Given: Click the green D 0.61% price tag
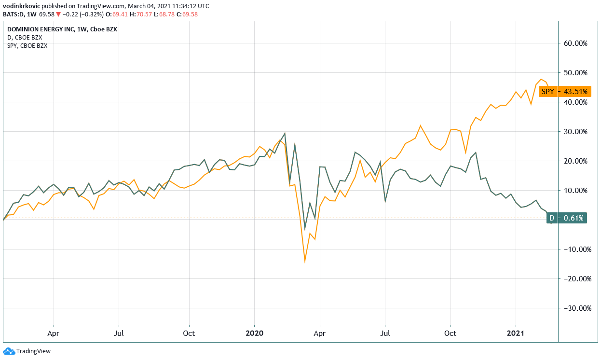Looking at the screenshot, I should tap(567, 218).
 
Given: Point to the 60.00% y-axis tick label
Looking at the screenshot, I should tap(575, 43).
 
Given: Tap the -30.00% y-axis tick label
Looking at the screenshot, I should tap(574, 308).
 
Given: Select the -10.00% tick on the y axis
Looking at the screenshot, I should tap(574, 249).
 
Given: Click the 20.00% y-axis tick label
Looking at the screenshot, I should tap(575, 161).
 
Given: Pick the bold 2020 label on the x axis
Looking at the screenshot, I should tap(255, 333).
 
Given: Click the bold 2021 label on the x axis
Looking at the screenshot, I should tap(516, 333).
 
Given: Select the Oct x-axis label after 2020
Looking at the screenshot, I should tap(450, 333).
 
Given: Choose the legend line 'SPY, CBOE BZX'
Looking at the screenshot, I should tap(27, 46).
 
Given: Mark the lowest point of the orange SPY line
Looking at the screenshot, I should tap(305, 262).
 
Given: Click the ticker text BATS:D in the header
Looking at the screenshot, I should tap(12, 14).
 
